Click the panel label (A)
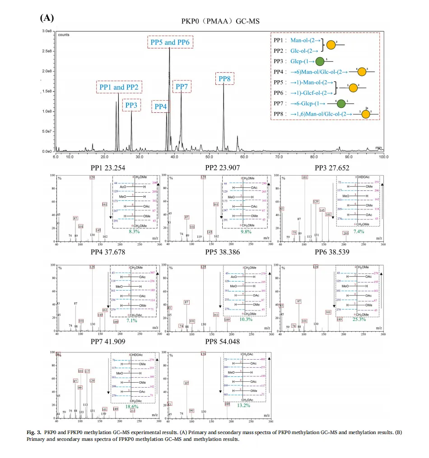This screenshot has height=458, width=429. [47, 18]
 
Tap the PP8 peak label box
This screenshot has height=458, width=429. [224, 79]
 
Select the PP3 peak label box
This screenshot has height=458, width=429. [131, 105]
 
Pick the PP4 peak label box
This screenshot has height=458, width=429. [161, 106]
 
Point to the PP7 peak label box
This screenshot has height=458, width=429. [182, 87]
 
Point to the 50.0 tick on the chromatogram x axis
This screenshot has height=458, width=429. [209, 157]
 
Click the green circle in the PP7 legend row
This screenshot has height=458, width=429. [341, 103]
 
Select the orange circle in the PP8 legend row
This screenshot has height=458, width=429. [366, 114]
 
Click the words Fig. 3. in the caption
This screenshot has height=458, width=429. [33, 433]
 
